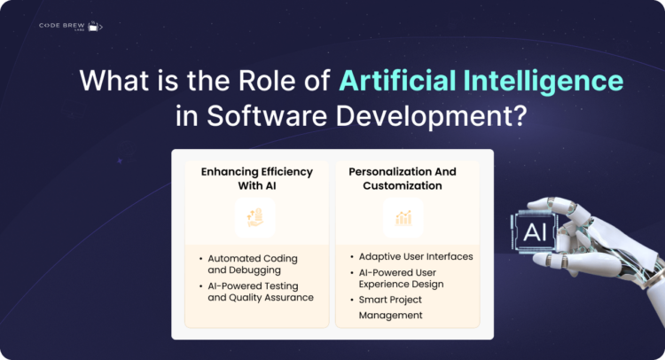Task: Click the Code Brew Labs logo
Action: point(70,26)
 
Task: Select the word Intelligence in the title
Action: point(542,81)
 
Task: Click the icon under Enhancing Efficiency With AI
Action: point(255,217)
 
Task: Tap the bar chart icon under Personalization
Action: point(403,217)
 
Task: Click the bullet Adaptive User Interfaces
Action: point(415,256)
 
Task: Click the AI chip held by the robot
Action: point(535,232)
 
